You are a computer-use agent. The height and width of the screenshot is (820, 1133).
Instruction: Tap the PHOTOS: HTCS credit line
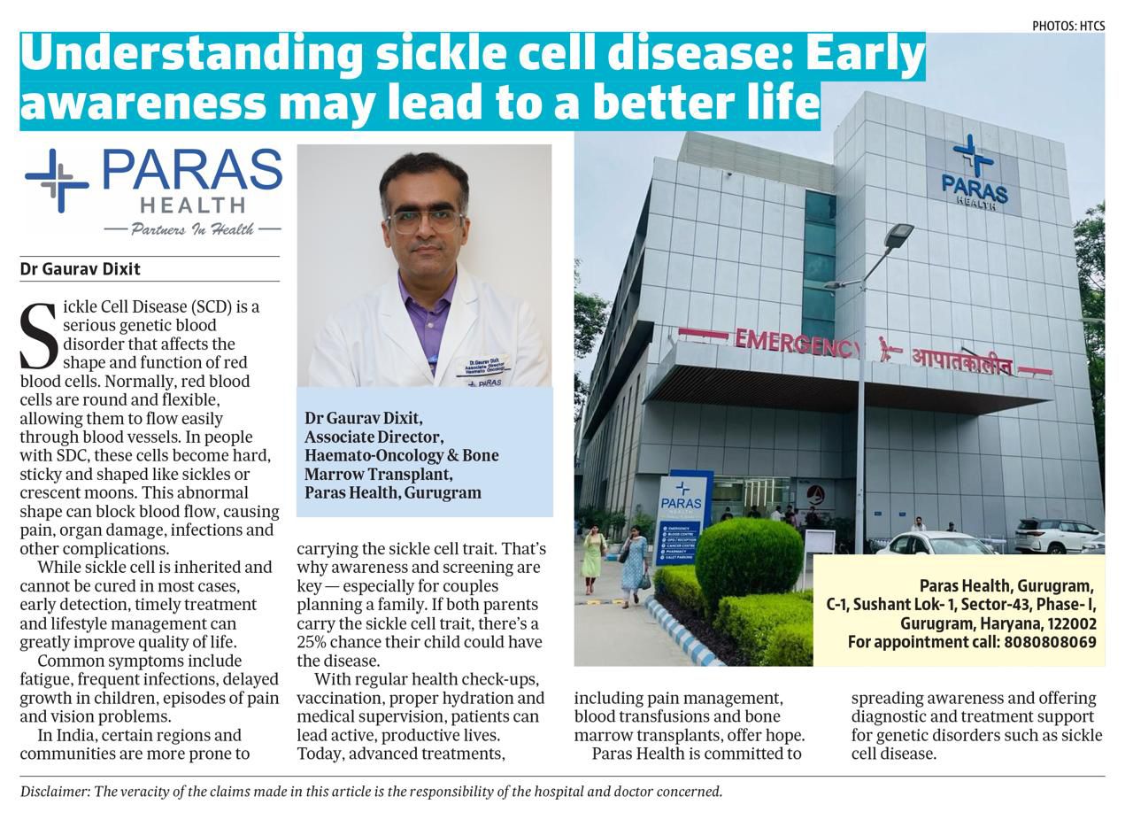[1067, 27]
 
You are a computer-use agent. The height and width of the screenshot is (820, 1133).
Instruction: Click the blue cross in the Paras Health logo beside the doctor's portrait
[57, 181]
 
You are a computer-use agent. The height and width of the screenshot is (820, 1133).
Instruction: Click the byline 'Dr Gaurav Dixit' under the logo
[80, 269]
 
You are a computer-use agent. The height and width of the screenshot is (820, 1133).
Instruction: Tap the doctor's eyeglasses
[425, 220]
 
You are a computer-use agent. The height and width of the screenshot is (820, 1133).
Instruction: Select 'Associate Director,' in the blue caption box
[374, 437]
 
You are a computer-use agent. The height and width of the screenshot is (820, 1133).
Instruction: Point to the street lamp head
[898, 235]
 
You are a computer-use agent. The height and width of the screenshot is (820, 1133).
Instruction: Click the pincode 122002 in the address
[1068, 623]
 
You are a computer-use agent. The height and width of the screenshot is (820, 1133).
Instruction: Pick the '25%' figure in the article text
[313, 642]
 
